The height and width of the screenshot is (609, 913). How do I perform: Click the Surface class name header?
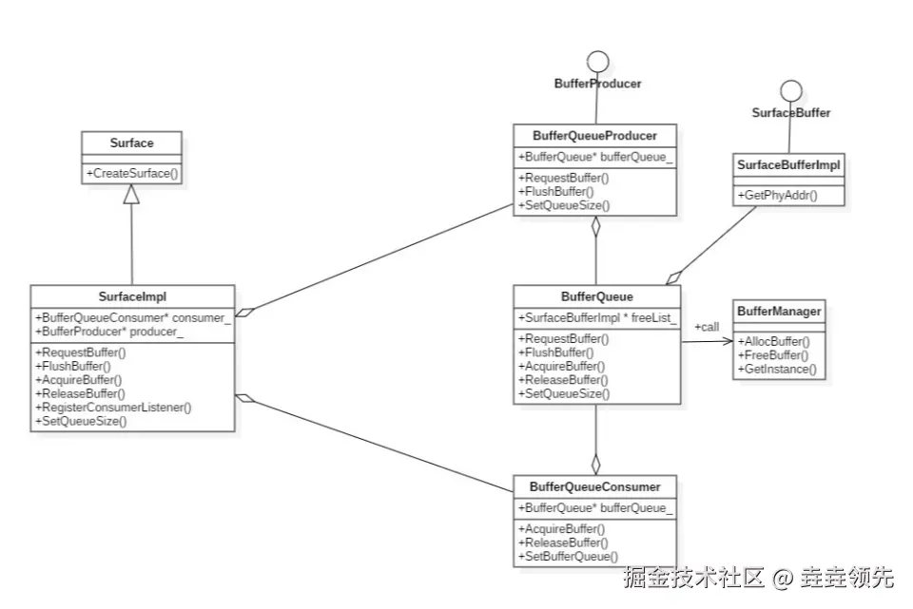pos(131,143)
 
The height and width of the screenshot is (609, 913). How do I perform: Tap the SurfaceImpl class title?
pos(132,296)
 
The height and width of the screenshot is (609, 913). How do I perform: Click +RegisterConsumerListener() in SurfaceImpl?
pos(113,407)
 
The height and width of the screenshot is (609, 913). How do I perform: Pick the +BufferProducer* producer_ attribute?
pos(109,332)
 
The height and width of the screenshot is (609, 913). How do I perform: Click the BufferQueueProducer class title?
pos(594,135)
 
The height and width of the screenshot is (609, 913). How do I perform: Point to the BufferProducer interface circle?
pos(597,63)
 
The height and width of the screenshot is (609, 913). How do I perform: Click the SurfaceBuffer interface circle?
pos(790,91)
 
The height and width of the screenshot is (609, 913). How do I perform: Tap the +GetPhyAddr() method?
pos(777,196)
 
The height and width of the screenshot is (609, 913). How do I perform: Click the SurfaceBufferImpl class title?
pos(788,165)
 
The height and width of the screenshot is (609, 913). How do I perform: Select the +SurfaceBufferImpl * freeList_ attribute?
pos(596,318)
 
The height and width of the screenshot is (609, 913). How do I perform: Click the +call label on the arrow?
pos(707,327)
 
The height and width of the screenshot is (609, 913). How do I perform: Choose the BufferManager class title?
pos(778,311)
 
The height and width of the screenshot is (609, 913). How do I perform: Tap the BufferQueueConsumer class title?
pos(594,486)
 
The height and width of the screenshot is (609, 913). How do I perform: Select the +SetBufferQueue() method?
pos(568,556)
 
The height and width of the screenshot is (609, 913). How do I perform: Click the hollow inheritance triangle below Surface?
pos(131,195)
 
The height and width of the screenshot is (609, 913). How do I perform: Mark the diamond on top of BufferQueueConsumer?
pos(595,464)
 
